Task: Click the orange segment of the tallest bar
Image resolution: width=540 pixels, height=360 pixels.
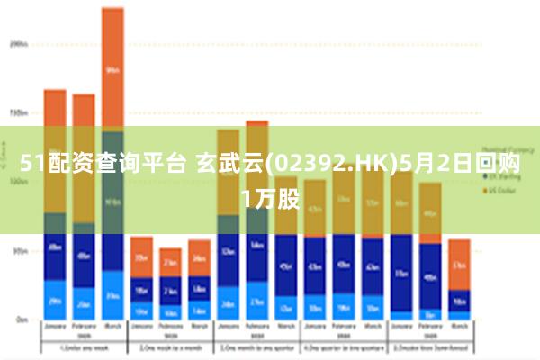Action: (112, 68)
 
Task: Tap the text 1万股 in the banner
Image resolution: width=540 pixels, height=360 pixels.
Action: (270, 195)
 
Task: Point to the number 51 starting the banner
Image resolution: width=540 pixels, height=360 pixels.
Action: (31, 164)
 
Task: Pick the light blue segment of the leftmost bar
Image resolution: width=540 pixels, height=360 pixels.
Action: (55, 301)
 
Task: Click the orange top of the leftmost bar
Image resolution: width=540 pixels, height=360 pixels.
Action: (55, 107)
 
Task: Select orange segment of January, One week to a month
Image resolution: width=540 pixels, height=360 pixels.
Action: (141, 256)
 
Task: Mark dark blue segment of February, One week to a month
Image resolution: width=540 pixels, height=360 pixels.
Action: (170, 291)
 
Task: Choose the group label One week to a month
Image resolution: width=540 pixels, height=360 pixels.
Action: (170, 348)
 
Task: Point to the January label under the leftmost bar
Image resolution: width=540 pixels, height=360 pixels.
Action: (55, 327)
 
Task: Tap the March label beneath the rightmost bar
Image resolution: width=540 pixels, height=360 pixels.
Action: (459, 327)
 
